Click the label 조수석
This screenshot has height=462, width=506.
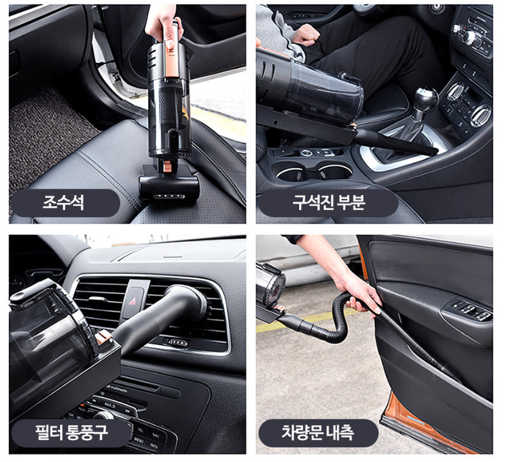point(63,203)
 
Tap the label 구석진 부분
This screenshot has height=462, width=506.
point(328,203)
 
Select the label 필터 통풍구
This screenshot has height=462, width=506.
point(71,433)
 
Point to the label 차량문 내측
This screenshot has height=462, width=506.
point(317,432)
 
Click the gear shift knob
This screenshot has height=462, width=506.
point(426,97)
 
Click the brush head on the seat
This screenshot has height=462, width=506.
point(169,187)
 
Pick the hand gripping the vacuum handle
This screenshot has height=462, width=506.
point(163,25)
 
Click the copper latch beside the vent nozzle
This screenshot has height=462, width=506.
point(103,337)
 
